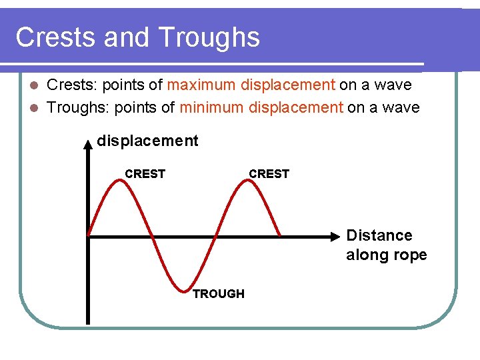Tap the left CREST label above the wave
tap(145, 174)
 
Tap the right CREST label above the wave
tap(269, 174)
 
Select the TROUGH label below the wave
tap(219, 294)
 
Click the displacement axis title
tap(147, 141)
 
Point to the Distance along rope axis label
tap(386, 245)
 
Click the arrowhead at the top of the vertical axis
tap(88, 143)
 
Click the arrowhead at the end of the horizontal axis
tap(339, 235)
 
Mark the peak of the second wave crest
tap(247, 181)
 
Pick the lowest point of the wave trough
tap(183, 290)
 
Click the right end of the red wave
tap(279, 235)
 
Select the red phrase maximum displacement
tap(251, 85)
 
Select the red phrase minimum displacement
tap(261, 107)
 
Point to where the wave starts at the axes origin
tap(89, 235)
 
